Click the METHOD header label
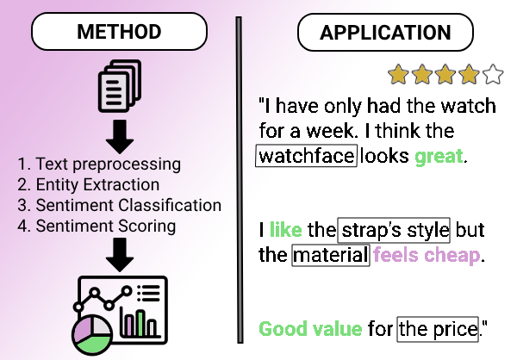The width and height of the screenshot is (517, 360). pyautogui.click(x=119, y=34)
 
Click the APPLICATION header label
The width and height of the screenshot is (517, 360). pyautogui.click(x=384, y=34)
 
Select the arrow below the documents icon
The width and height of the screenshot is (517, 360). pyautogui.click(x=120, y=133)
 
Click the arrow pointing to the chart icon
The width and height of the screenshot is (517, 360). pyautogui.click(x=120, y=254)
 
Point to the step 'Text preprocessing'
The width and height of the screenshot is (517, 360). pyautogui.click(x=99, y=164)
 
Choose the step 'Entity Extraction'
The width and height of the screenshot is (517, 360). pyautogui.click(x=89, y=184)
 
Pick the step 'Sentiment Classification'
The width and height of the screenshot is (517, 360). pyautogui.click(x=120, y=206)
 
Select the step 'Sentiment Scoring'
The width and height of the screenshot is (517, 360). pyautogui.click(x=97, y=227)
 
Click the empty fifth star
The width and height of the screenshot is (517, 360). pyautogui.click(x=493, y=75)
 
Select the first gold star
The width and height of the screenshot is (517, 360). pyautogui.click(x=398, y=75)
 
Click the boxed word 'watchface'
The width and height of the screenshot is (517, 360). pyautogui.click(x=307, y=157)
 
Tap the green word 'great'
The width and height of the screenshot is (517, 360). pyautogui.click(x=439, y=157)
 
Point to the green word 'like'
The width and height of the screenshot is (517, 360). pyautogui.click(x=286, y=231)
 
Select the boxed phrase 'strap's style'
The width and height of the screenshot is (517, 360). pyautogui.click(x=394, y=231)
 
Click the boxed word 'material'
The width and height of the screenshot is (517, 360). pyautogui.click(x=331, y=256)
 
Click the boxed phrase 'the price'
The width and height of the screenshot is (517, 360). pyautogui.click(x=438, y=328)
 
